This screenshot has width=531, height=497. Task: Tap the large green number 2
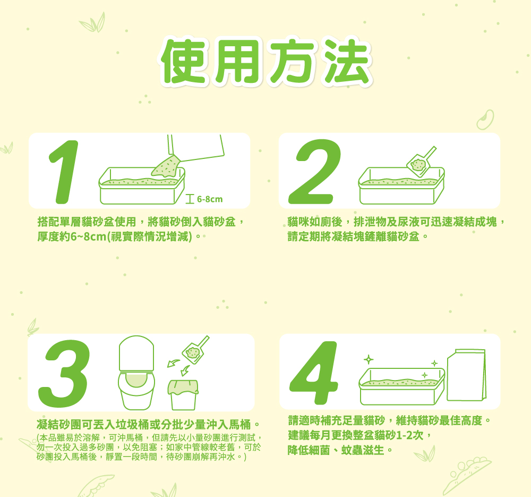point(314,172)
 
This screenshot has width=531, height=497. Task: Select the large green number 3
point(64,374)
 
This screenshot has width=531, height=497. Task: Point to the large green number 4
point(314,373)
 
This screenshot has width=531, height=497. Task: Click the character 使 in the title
point(183,61)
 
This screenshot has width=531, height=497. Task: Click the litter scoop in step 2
point(421,162)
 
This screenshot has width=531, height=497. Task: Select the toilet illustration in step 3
point(136,373)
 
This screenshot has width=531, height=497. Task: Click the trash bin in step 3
point(183,395)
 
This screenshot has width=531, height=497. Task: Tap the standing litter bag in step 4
point(467,375)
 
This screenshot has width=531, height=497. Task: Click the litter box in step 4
point(402,386)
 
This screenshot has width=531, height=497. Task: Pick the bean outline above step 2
point(485,120)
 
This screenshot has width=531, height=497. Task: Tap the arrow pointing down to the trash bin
point(185,370)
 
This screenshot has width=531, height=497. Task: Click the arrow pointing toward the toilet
point(174,363)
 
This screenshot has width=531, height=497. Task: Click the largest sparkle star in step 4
point(369,359)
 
